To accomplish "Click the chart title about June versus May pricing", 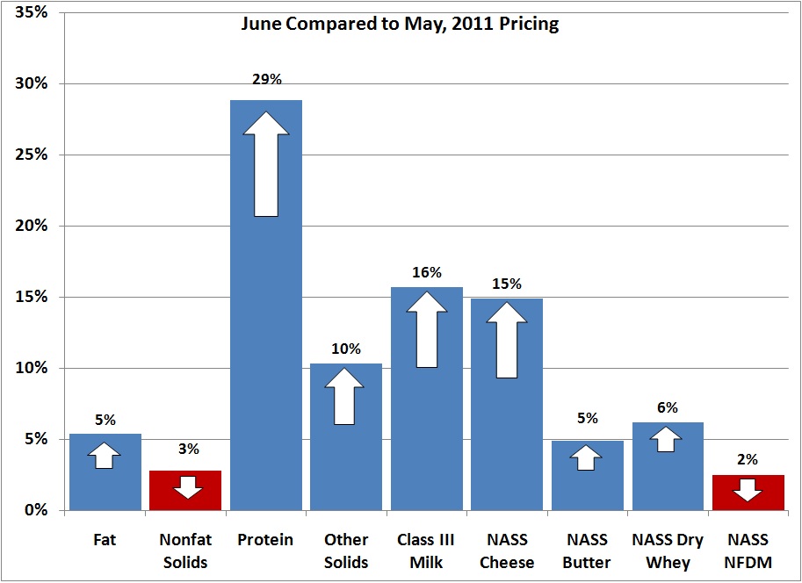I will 400,24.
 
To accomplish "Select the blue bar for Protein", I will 265,369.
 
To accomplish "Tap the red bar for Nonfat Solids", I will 185,490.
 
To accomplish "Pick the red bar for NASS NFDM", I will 748,492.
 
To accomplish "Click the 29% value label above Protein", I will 266,80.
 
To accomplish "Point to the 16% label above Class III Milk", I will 427,272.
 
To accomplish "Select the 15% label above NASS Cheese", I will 507,284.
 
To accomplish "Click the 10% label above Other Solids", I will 346,349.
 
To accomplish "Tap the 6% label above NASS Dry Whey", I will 668,407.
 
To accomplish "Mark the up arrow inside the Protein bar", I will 266,164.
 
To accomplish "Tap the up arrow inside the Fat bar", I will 105,455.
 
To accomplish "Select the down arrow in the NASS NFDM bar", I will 748,490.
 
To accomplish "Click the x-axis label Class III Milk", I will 426,550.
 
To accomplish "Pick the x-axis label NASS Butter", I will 587,550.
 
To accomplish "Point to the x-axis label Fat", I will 105,540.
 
